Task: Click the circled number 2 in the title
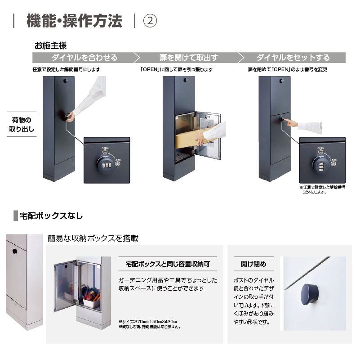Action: tap(150, 21)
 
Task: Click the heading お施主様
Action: tap(50, 46)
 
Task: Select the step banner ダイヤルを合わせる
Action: tap(84, 58)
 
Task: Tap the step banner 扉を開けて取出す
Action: tap(189, 58)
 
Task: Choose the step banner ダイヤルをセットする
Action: tap(293, 58)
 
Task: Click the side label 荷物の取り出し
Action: tap(22, 124)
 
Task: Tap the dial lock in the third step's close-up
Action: tap(321, 164)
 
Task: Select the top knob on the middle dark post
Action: tap(186, 80)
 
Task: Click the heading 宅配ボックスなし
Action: tap(51, 216)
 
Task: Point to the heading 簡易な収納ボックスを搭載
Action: tap(93, 238)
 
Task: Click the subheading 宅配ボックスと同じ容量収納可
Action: tap(168, 264)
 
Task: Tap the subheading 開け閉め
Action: tap(253, 264)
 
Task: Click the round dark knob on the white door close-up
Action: tap(309, 294)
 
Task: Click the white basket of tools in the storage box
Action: tap(91, 301)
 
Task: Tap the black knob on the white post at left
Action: tap(15, 251)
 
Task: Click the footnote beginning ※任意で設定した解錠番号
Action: tap(322, 189)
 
